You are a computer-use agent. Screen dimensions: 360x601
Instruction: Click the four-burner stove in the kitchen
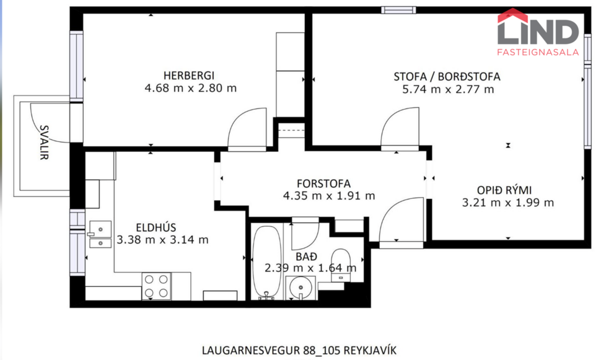[x=156, y=286]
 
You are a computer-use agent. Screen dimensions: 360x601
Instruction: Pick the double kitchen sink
[x=99, y=234]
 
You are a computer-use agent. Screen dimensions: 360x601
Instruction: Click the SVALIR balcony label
[x=44, y=142]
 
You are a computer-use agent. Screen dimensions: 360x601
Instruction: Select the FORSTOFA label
[x=323, y=183]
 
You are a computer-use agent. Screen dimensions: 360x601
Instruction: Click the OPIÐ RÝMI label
[x=504, y=190]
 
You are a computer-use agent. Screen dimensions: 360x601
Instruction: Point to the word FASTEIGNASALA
[x=538, y=53]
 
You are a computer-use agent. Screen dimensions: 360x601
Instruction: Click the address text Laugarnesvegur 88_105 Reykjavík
[x=299, y=349]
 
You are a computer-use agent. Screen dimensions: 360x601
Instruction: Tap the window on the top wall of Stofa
[x=399, y=9]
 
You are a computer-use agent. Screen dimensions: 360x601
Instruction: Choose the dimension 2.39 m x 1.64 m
[x=310, y=268]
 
